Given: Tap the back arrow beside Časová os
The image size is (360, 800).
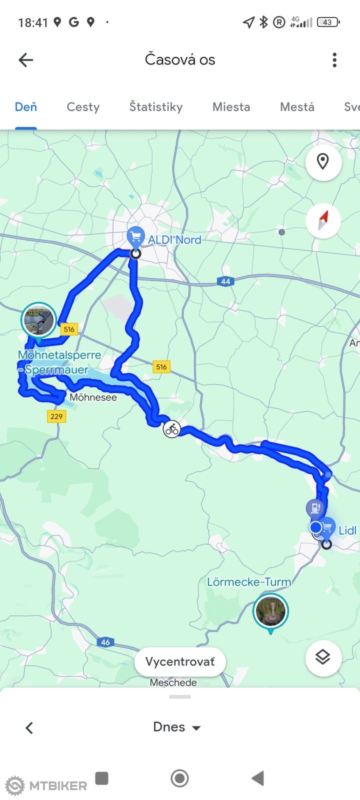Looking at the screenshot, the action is point(26,60).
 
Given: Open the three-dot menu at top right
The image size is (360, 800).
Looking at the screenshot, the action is point(334,60).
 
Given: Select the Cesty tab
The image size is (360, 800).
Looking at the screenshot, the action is point(83,106).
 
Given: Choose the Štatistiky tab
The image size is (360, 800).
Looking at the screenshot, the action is point(156,106).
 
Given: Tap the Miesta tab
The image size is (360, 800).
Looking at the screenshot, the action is point(231,106).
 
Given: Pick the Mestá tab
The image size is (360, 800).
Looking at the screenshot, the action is point(297,106).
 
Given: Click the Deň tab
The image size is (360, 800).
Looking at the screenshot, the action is point(26,106).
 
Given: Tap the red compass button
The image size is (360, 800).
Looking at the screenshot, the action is point(323,220).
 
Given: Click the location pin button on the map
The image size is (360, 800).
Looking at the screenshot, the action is point(323,162).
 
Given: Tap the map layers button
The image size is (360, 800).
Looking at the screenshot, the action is point(323,657).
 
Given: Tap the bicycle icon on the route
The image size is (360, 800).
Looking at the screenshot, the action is point(171,429).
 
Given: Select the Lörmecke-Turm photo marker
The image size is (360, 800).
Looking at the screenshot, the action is point(270,611).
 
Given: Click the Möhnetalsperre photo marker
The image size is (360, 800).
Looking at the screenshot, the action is point(38,320).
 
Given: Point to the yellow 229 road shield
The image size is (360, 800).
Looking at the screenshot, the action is point(56,416).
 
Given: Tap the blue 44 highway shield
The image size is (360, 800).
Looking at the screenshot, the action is point(225,281).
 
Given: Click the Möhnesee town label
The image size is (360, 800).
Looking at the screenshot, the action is point(93,397).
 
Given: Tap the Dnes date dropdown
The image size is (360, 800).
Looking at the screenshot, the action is point(177,727).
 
